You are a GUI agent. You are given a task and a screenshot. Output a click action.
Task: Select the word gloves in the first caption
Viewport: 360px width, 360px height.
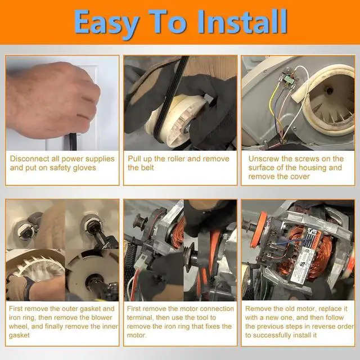84,168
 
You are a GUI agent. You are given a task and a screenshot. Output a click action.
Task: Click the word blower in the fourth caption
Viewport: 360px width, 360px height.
102,317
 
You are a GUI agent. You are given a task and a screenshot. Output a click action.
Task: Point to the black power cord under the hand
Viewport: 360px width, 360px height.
73,142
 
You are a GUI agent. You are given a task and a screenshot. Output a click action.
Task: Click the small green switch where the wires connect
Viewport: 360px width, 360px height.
287,80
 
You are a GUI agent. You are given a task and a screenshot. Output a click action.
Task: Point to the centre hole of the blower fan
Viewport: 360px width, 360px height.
330,91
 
